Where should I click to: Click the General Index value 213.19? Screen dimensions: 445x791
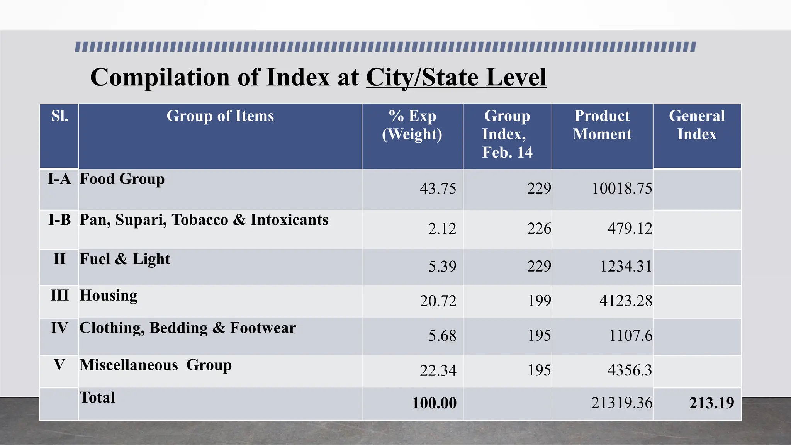tap(711, 403)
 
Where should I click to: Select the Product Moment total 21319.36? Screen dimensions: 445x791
tap(621, 403)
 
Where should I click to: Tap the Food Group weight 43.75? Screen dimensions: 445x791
tap(438, 189)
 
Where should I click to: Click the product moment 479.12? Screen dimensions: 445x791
tap(630, 228)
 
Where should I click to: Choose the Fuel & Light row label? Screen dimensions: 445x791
tap(125, 259)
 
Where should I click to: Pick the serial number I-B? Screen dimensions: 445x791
tap(59, 220)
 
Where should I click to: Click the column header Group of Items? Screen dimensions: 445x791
tap(220, 116)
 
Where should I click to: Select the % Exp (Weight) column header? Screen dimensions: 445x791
tap(412, 125)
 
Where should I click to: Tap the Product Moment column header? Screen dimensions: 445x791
tap(602, 125)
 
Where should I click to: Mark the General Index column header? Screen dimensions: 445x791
tap(697, 125)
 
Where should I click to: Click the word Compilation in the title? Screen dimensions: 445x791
tap(160, 77)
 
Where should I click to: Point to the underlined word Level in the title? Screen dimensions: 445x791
tap(516, 77)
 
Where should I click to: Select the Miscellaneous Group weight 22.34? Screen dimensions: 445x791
tap(438, 370)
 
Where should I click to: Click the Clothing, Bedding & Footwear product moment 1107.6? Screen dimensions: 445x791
tap(630, 335)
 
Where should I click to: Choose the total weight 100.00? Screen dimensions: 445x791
tap(434, 403)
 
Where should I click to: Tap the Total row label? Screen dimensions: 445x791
tap(97, 397)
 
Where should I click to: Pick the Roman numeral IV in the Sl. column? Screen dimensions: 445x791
tap(59, 328)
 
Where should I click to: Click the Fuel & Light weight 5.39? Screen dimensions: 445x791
tap(442, 266)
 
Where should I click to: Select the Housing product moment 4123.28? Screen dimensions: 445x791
tap(626, 301)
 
